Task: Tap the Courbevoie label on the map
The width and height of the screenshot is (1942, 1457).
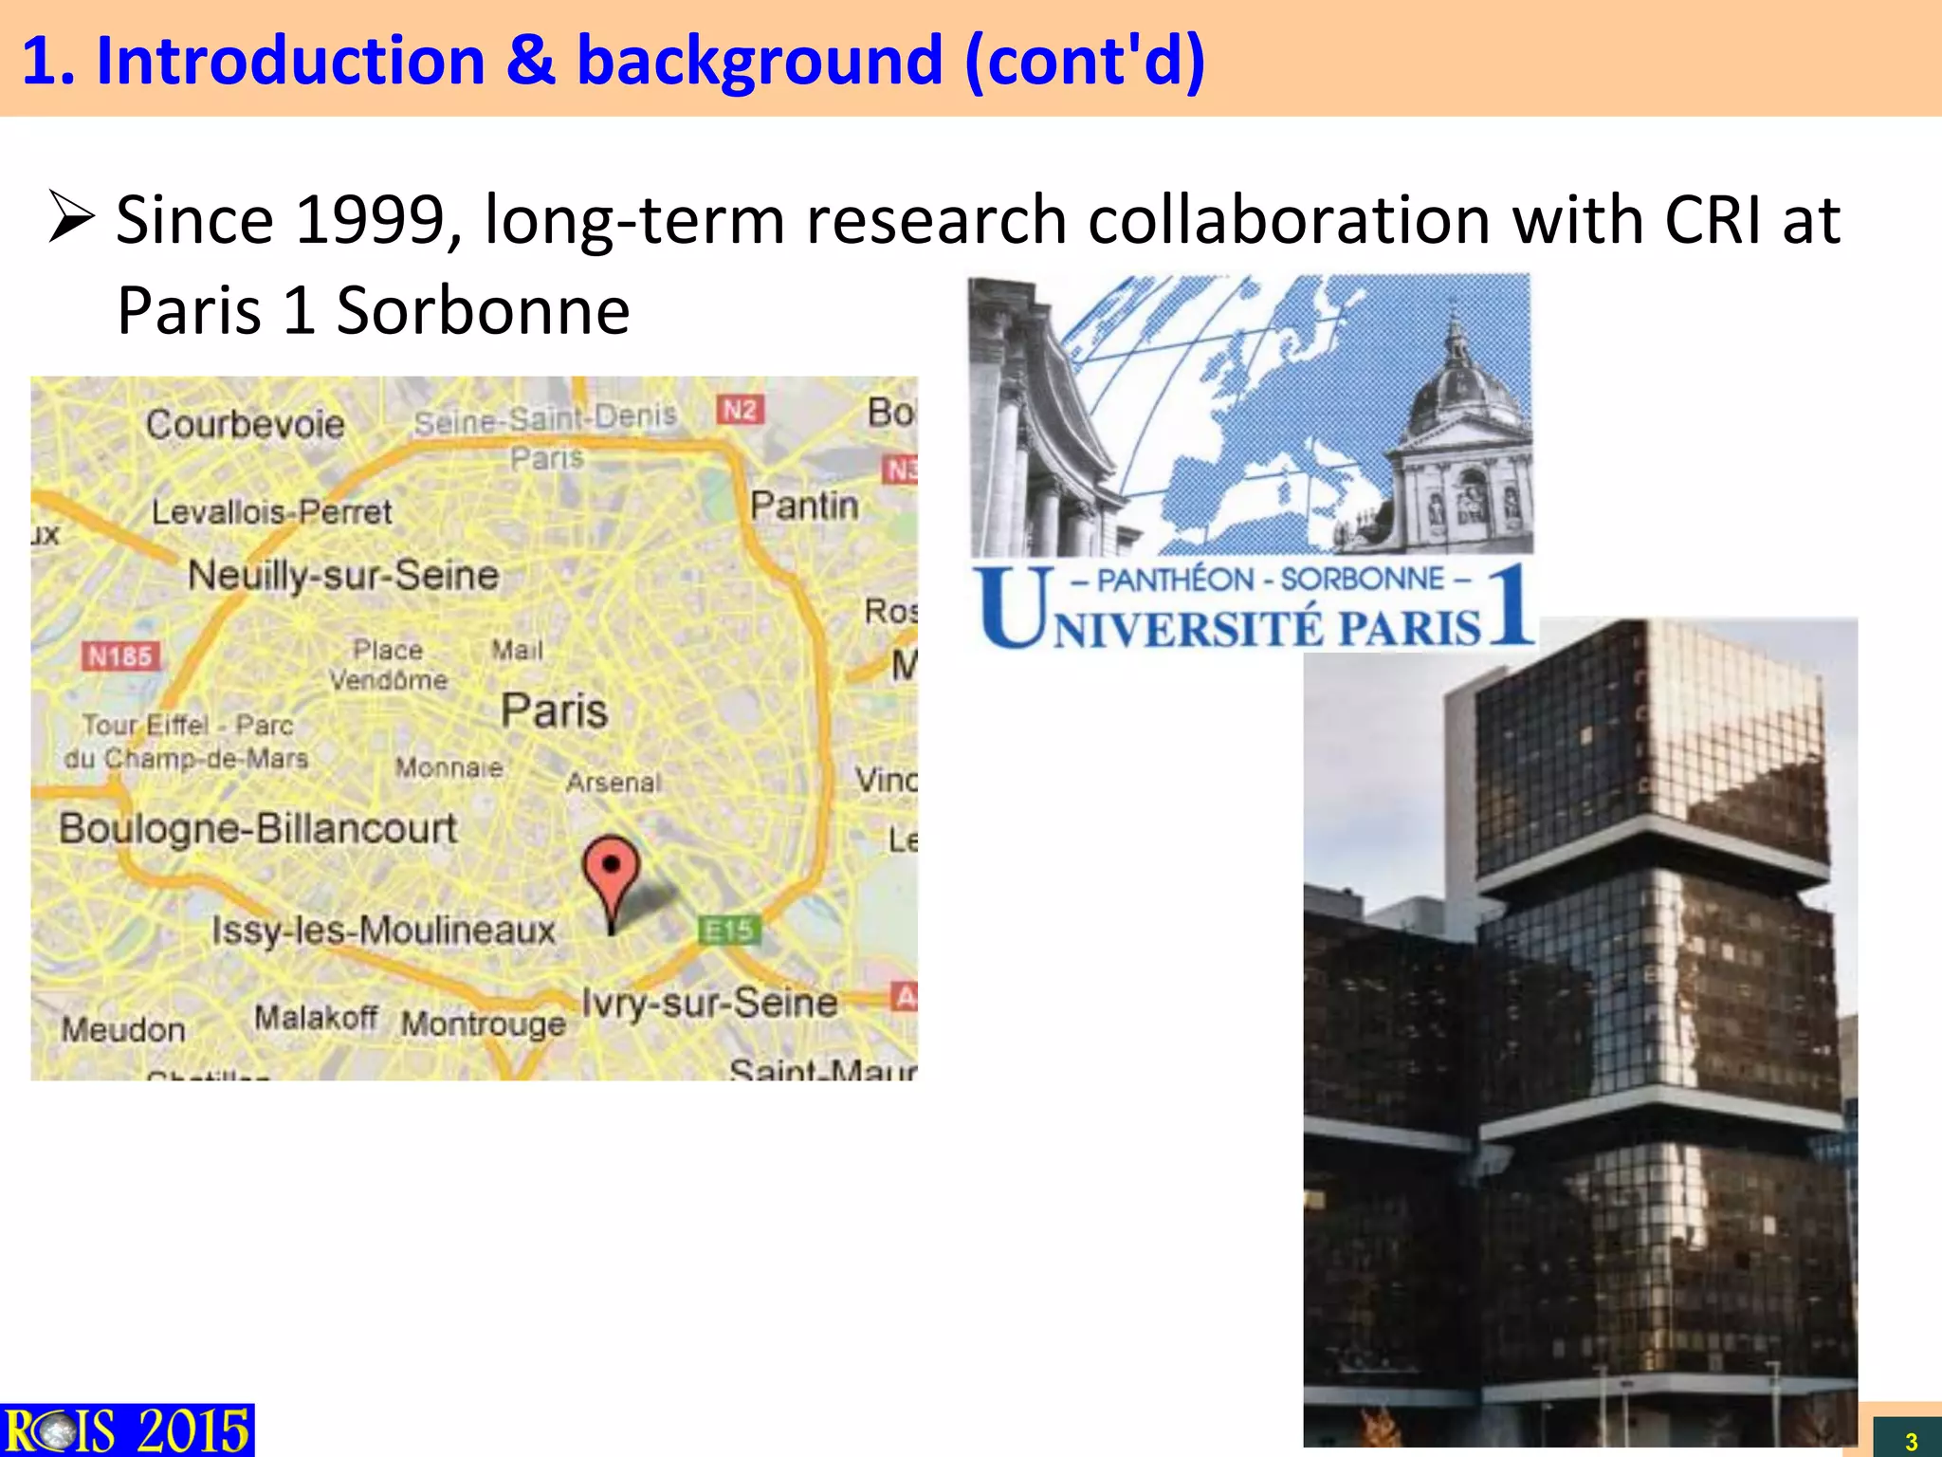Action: (245, 424)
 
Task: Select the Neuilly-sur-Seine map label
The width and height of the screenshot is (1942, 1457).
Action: (343, 575)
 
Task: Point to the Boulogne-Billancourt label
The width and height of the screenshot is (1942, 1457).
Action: (258, 828)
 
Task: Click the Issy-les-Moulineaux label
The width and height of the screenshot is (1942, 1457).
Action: (383, 930)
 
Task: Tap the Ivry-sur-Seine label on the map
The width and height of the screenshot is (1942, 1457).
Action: (709, 1003)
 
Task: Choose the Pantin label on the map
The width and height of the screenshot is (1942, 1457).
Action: (804, 506)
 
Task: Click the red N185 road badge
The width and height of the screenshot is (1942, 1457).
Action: (120, 655)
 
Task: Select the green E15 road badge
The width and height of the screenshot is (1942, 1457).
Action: (729, 930)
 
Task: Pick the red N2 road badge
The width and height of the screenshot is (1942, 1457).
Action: (740, 410)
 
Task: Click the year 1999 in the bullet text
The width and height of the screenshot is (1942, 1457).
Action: (371, 220)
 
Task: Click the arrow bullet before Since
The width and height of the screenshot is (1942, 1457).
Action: (72, 216)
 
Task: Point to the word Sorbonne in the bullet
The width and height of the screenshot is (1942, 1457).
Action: (484, 310)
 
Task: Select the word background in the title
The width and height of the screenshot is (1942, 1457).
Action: (760, 61)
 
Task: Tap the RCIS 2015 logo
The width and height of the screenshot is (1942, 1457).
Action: (127, 1430)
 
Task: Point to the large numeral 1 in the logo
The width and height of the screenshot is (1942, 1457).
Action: (1511, 606)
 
